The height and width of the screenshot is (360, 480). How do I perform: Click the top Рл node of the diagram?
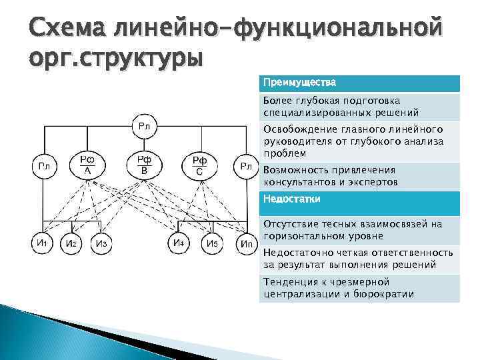click(144, 126)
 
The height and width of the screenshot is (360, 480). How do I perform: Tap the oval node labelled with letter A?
click(87, 165)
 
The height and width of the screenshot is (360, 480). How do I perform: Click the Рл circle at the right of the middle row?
click(245, 166)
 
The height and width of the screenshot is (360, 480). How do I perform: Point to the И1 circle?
click(41, 243)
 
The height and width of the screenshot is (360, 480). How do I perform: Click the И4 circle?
click(179, 243)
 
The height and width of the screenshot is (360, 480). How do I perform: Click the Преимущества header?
click(299, 83)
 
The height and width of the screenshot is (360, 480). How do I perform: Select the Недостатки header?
click(292, 199)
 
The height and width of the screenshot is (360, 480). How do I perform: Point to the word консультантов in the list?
click(302, 182)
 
